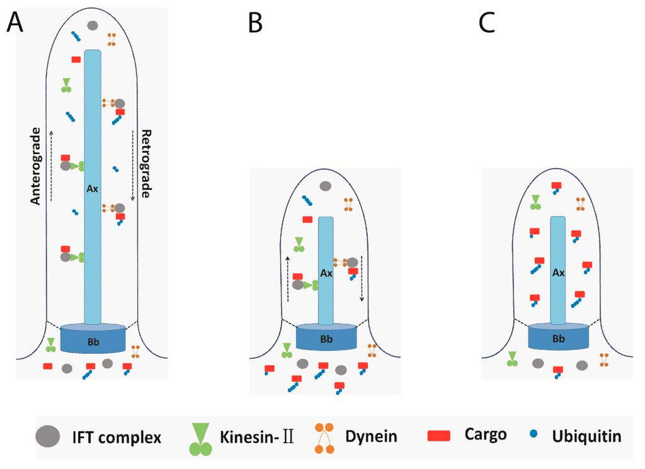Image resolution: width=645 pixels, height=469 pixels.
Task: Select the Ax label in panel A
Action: (92, 188)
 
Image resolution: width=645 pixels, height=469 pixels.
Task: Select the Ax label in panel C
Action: (558, 273)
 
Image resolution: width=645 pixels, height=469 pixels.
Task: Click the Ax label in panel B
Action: (326, 273)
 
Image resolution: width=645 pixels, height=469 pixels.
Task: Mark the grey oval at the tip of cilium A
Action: (93, 26)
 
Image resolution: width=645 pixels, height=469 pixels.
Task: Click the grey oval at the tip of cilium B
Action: (326, 186)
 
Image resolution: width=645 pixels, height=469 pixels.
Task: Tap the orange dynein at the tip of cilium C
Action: (580, 203)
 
